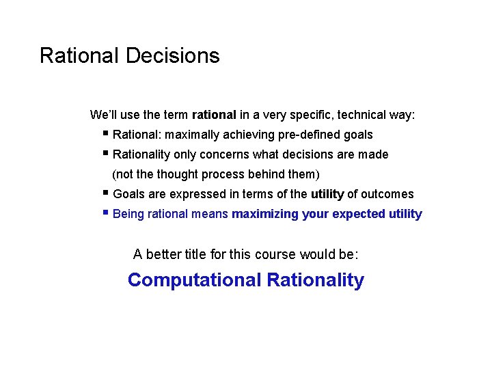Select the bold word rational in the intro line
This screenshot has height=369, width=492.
(x=214, y=115)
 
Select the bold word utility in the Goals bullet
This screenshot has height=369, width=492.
(x=327, y=194)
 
